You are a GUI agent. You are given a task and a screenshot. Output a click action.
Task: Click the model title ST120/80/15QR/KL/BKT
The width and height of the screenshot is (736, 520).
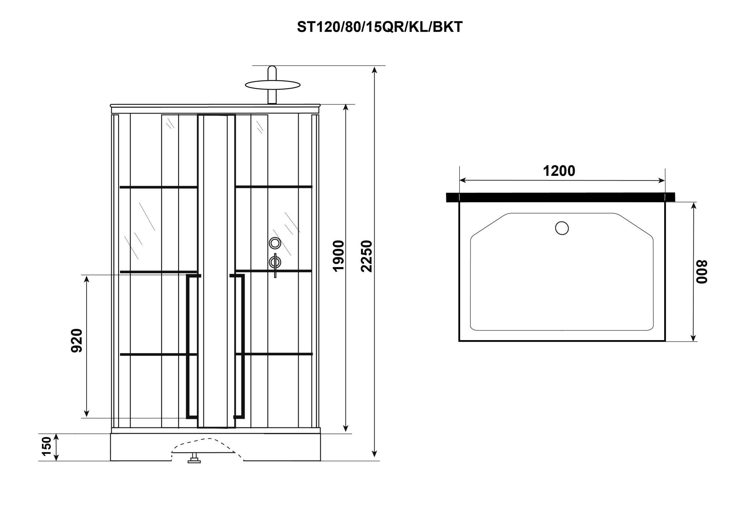click(379, 27)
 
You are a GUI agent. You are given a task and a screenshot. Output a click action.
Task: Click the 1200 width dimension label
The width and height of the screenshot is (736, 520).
click(559, 171)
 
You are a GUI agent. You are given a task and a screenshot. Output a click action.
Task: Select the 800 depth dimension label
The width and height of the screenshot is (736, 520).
click(701, 272)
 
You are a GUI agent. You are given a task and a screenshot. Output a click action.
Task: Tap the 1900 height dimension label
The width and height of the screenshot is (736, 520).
click(338, 256)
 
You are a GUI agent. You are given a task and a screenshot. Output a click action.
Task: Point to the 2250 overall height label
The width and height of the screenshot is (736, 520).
click(367, 256)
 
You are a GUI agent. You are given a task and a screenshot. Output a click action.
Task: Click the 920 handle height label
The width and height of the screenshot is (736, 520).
click(77, 341)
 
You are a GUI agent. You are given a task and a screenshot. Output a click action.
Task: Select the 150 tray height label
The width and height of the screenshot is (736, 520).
click(47, 446)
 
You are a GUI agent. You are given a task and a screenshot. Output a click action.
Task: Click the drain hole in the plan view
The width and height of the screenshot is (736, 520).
click(562, 228)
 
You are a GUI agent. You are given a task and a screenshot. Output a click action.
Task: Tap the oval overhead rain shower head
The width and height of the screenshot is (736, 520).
click(273, 85)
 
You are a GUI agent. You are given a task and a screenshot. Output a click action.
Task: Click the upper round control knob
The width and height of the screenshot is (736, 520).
click(275, 243)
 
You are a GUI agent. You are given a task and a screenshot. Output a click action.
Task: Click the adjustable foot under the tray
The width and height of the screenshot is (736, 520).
click(194, 459)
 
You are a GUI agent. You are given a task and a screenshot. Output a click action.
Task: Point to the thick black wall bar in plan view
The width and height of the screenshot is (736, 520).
click(560, 197)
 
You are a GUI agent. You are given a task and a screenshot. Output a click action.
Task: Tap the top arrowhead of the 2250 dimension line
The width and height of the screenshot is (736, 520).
click(374, 70)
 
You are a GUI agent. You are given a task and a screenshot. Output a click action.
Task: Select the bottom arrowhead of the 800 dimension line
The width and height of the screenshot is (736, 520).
click(693, 338)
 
